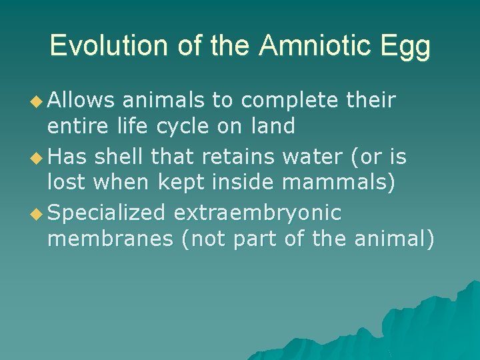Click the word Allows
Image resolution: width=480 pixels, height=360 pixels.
click(81, 100)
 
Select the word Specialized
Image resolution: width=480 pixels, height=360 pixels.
click(107, 213)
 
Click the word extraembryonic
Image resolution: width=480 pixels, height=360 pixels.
click(257, 213)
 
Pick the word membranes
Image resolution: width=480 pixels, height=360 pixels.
click(110, 239)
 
